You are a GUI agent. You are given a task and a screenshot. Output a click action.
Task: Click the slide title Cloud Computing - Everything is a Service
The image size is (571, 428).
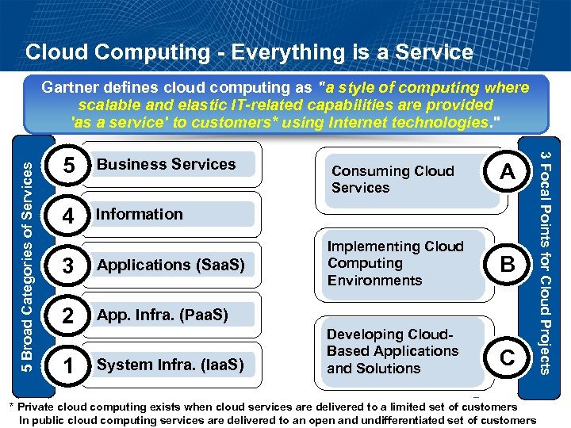(249, 53)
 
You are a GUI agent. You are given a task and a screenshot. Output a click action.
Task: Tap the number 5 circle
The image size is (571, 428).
(69, 166)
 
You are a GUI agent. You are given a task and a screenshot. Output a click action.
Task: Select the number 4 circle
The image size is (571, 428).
(69, 216)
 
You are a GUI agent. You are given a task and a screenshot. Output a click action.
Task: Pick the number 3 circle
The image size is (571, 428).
(69, 266)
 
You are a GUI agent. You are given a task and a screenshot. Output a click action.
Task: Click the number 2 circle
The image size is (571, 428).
(69, 316)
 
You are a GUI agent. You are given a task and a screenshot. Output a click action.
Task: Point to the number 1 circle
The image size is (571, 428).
(69, 366)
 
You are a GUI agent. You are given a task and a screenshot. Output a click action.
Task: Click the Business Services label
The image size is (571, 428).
(166, 164)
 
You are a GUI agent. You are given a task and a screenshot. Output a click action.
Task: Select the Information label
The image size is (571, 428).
(140, 214)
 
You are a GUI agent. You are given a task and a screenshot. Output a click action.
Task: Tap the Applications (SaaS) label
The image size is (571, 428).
(171, 264)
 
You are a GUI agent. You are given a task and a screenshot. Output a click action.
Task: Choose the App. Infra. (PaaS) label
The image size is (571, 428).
(163, 315)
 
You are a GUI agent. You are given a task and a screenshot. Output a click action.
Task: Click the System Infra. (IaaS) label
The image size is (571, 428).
(170, 365)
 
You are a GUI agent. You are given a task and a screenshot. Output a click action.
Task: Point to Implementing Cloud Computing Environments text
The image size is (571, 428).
(395, 263)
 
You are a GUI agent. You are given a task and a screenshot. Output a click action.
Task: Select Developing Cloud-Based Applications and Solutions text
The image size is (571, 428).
(393, 351)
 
